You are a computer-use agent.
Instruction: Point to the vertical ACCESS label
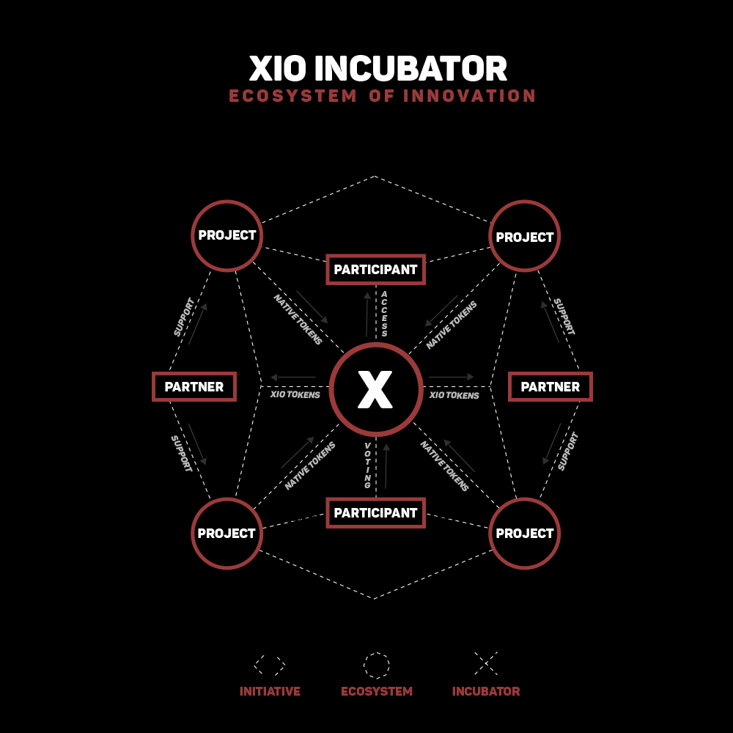tap(384, 314)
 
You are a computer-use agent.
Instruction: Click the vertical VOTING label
tap(368, 465)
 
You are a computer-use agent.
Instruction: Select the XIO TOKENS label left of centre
tap(295, 394)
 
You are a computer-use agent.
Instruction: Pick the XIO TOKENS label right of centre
tap(454, 395)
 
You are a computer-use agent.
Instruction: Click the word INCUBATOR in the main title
tap(411, 69)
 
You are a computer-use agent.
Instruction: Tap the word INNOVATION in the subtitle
tap(469, 96)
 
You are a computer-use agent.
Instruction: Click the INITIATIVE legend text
tap(270, 691)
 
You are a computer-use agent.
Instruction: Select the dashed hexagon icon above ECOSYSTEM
tap(377, 652)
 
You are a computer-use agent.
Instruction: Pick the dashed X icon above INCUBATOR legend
tap(486, 663)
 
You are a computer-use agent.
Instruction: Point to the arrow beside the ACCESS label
tap(367, 314)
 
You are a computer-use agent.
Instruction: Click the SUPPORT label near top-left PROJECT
tap(184, 317)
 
